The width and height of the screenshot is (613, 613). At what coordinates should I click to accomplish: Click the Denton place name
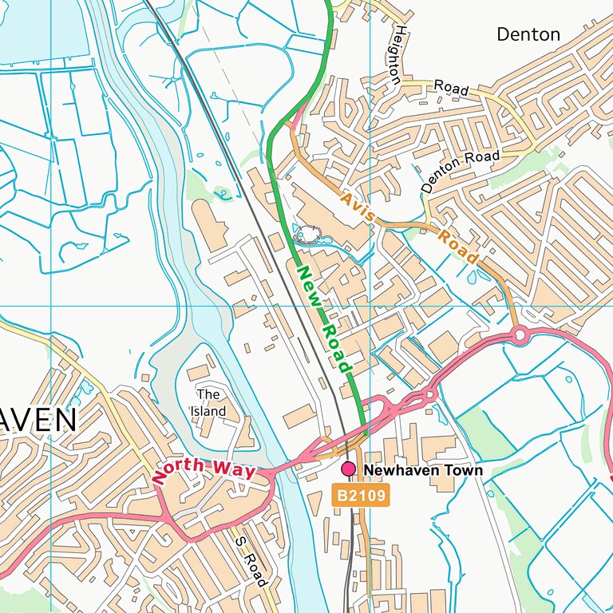pyautogui.click(x=528, y=34)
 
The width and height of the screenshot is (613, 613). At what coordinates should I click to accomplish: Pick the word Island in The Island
pyautogui.click(x=208, y=412)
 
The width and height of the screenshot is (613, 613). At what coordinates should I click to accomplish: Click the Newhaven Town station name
pyautogui.click(x=423, y=471)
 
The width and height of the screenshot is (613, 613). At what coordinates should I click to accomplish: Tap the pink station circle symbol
pyautogui.click(x=348, y=469)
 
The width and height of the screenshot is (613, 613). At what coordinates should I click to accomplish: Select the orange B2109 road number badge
pyautogui.click(x=361, y=496)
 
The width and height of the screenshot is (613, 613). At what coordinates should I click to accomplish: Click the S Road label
pyautogui.click(x=250, y=560)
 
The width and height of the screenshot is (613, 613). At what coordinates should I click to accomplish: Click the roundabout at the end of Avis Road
pyautogui.click(x=520, y=335)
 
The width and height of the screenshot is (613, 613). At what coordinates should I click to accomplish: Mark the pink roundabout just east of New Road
pyautogui.click(x=429, y=394)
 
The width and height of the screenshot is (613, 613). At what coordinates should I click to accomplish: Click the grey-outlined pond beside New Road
pyautogui.click(x=307, y=235)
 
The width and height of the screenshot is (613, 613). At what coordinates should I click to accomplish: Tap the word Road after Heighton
pyautogui.click(x=451, y=88)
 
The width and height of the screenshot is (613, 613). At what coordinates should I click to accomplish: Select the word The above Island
pyautogui.click(x=208, y=394)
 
